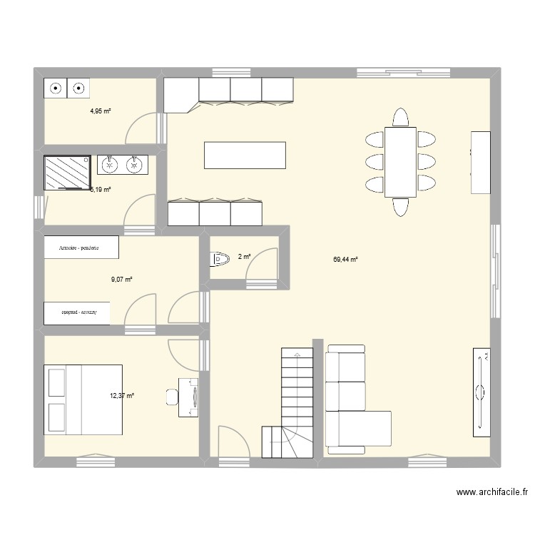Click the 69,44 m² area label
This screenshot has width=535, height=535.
point(345,260)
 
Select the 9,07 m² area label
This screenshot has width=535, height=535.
point(122,280)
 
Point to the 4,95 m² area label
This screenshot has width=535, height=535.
point(101,111)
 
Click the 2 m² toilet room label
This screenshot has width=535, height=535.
point(244,257)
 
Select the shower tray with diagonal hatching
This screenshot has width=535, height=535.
point(66,173)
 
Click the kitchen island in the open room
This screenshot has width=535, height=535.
point(245,155)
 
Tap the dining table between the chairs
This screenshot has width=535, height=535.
point(400,161)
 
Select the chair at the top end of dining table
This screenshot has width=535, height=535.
point(400,116)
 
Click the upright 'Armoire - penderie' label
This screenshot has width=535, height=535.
point(80,248)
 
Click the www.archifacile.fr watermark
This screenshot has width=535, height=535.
point(494,492)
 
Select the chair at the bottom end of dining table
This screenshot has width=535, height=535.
point(400,207)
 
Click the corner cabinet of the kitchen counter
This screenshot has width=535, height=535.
point(180,96)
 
